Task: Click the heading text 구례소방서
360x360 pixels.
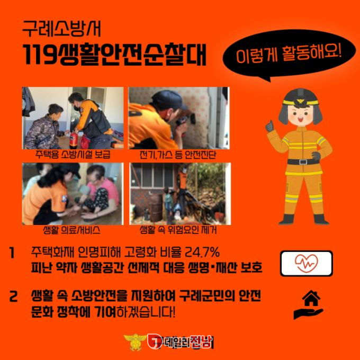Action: coord(61,29)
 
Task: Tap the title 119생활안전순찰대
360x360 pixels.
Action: coord(114,55)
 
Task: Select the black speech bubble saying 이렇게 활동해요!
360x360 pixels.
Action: coord(289,55)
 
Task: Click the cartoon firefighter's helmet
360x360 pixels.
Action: coord(301,98)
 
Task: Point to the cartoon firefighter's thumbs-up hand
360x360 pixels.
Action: coord(270,127)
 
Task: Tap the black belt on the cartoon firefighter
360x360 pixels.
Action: coord(303,161)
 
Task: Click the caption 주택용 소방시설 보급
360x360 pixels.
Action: coord(73,154)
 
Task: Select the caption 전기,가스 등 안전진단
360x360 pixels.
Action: coord(178,155)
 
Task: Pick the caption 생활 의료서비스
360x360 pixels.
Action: coord(71,230)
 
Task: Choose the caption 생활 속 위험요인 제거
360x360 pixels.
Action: coord(178,230)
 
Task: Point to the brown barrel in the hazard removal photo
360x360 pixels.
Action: coord(156,208)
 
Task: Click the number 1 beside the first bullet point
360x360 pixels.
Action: coord(12,253)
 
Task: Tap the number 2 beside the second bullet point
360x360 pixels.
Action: coord(13,296)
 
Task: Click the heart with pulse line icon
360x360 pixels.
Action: coord(307,263)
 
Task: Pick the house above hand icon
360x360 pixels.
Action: coord(309,304)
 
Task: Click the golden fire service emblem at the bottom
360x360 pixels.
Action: coord(136,342)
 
